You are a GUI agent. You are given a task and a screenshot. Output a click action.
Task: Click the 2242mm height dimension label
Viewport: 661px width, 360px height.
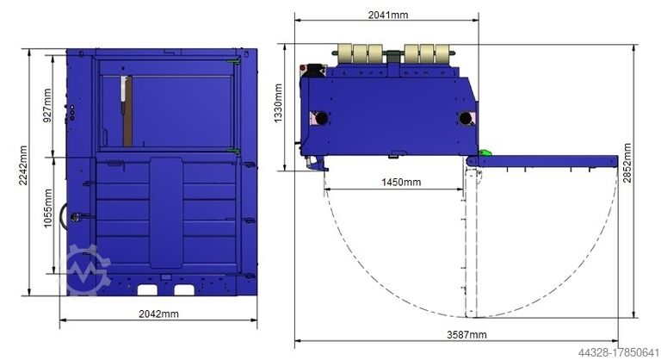coord(23,165)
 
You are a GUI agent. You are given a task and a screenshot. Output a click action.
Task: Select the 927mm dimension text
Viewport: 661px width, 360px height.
coord(47,105)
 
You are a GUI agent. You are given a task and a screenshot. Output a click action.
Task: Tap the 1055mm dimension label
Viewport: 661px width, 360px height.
coord(48,208)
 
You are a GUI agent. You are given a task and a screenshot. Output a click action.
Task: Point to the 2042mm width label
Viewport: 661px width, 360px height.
coord(158,313)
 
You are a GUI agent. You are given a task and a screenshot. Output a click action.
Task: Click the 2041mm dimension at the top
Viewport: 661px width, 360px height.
coord(388,15)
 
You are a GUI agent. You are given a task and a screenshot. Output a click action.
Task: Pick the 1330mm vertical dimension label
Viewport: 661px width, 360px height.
coord(278,103)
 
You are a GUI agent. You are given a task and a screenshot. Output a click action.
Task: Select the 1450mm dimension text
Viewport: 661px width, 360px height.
coord(401,182)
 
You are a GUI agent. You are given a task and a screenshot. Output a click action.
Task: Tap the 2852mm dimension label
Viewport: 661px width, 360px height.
coord(627,163)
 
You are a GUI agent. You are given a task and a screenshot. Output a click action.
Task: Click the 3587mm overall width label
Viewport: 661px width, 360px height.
coord(466,335)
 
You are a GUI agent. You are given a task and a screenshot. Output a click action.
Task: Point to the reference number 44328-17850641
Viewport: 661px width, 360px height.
coord(618,352)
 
